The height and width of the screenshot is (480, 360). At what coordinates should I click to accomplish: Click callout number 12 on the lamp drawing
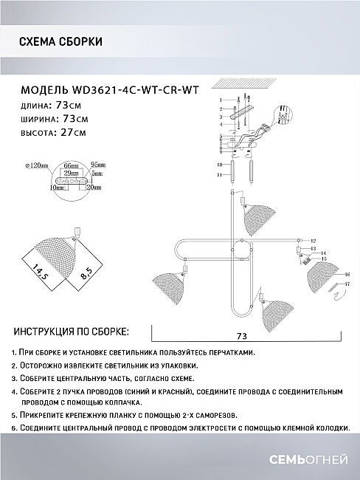pos(312,241)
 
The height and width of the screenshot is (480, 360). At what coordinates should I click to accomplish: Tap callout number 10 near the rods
pos(219,165)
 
